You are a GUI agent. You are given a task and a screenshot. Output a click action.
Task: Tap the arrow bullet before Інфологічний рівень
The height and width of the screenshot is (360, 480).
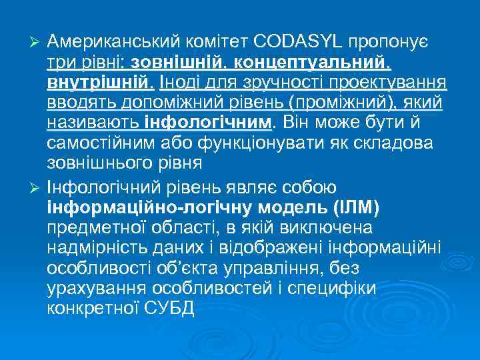(x=37, y=189)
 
